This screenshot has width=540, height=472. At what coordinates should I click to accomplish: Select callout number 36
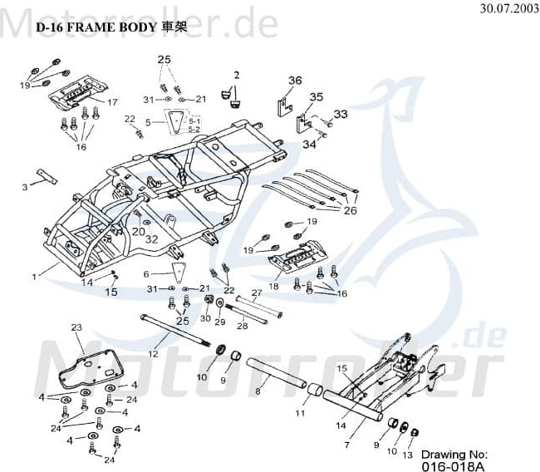(x=295, y=81)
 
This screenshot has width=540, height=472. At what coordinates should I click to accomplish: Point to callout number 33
(x=341, y=114)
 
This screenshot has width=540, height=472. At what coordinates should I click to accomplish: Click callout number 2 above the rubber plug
(x=236, y=75)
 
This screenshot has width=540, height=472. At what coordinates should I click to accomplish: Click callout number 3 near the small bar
(x=25, y=188)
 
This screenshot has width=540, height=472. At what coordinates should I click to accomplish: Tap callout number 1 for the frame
(x=34, y=274)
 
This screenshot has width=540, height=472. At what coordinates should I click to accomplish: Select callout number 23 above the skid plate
(x=76, y=327)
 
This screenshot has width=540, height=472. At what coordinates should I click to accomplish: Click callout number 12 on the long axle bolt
(x=153, y=354)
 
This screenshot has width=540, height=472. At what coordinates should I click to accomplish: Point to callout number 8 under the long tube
(x=258, y=391)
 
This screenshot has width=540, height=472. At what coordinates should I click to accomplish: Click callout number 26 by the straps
(x=350, y=210)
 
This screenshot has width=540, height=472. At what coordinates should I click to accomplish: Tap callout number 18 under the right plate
(x=273, y=286)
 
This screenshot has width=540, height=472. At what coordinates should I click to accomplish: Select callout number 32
(x=151, y=239)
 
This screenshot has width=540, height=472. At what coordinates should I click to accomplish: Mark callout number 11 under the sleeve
(x=302, y=412)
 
